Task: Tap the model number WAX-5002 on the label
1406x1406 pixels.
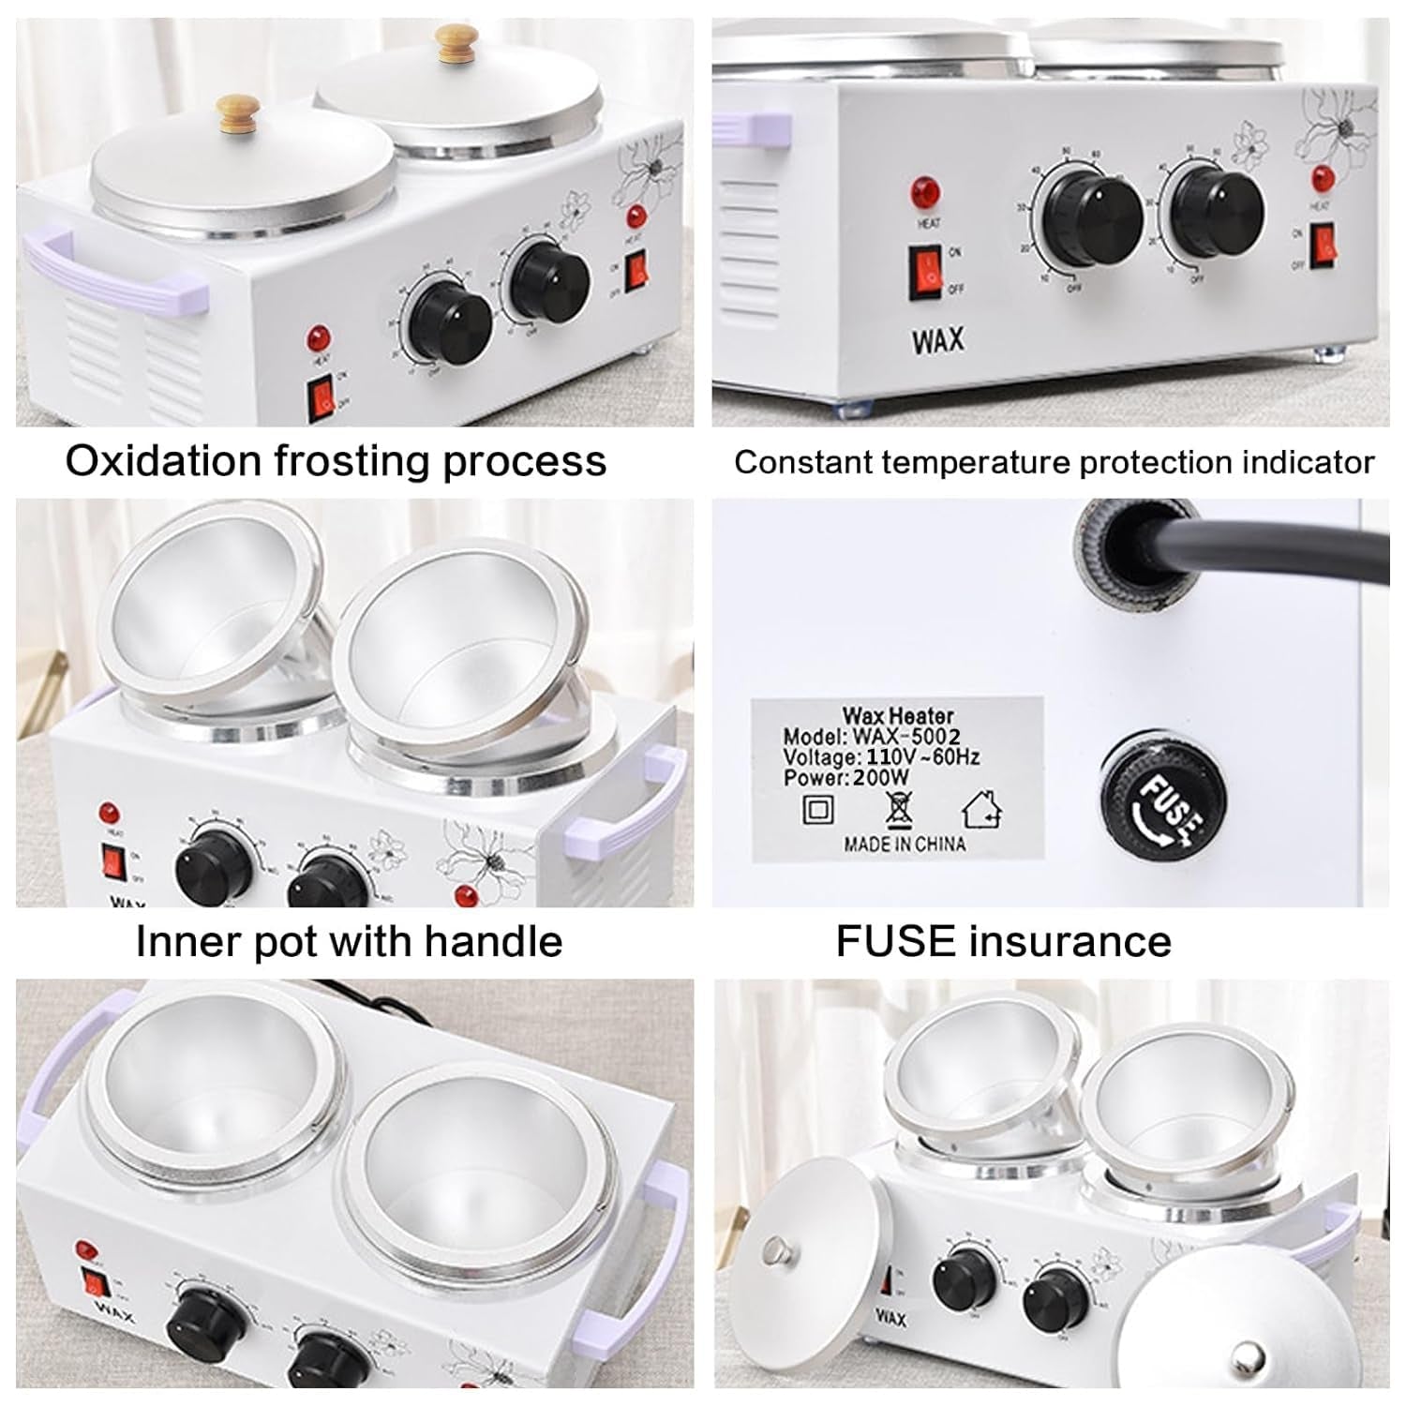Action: pos(905,737)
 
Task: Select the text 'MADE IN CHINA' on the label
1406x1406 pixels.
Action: pos(905,844)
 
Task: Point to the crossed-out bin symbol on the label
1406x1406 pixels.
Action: pos(899,807)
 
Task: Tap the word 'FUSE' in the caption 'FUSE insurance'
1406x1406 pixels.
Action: pos(895,941)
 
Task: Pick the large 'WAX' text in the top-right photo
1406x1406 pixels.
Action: pos(937,341)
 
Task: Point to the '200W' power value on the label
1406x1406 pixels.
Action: pos(882,777)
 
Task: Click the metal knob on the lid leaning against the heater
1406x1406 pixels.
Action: pos(774,1249)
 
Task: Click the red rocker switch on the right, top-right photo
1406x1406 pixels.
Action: pos(1322,244)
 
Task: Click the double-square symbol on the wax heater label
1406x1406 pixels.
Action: pos(817,807)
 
